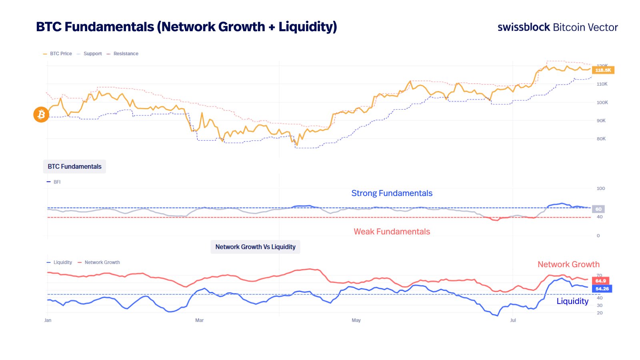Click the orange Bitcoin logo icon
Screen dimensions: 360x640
tap(41, 115)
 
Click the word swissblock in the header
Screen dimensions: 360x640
tap(524, 27)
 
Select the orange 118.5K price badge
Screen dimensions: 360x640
tap(603, 70)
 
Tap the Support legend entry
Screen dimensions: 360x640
tap(92, 54)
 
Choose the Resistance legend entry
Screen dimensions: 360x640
tap(126, 54)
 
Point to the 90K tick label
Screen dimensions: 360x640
tap(601, 120)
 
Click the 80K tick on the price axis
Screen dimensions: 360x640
tap(601, 139)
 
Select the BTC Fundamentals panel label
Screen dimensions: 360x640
tap(74, 166)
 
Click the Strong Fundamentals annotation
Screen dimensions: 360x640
tap(392, 193)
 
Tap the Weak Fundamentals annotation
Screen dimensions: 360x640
tap(392, 232)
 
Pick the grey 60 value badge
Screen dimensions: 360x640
tap(598, 209)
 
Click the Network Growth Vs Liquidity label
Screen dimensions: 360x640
tap(255, 247)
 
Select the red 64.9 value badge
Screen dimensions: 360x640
tap(600, 281)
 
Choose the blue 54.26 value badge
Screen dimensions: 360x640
tap(602, 288)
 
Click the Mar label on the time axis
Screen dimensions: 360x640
tap(199, 320)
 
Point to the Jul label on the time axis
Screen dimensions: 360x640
tap(513, 320)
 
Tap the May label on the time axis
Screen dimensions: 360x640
tap(356, 320)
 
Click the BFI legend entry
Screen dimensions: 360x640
tap(57, 182)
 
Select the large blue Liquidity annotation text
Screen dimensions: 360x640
tap(572, 301)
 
